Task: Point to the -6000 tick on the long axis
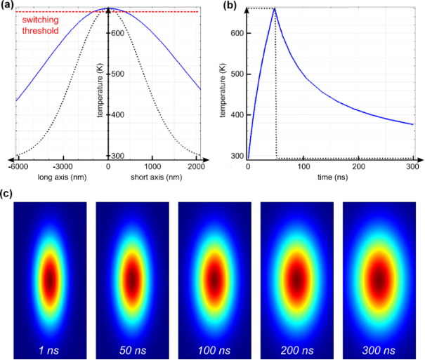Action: pyautogui.click(x=17, y=167)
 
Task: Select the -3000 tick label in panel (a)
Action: pyautogui.click(x=63, y=167)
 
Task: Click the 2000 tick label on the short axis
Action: pyautogui.click(x=197, y=167)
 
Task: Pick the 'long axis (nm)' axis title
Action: pyautogui.click(x=62, y=177)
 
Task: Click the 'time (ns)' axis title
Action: pyautogui.click(x=329, y=178)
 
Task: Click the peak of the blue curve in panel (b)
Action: pyautogui.click(x=275, y=8)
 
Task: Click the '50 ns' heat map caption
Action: pyautogui.click(x=132, y=349)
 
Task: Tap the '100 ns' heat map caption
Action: pyautogui.click(x=214, y=349)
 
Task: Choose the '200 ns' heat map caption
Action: pyautogui.click(x=296, y=349)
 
